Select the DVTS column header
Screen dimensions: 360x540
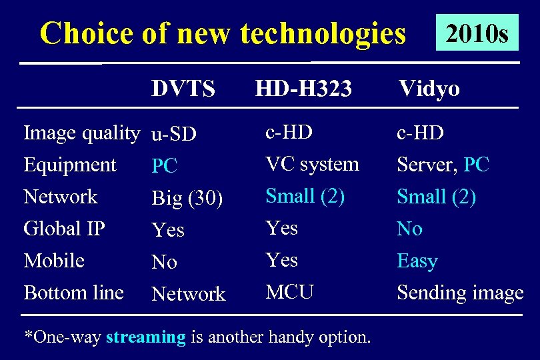click(x=183, y=89)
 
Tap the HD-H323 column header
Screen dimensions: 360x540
click(x=303, y=89)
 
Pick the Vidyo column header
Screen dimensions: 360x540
click(x=429, y=89)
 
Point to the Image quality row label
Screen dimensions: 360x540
click(x=81, y=133)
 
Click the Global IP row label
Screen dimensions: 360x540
click(x=64, y=229)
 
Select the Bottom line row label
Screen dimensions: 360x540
click(x=73, y=292)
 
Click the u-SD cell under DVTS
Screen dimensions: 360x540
click(x=173, y=135)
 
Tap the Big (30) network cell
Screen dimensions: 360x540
click(x=187, y=199)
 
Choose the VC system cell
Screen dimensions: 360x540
click(x=312, y=164)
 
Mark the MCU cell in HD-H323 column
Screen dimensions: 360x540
click(x=289, y=292)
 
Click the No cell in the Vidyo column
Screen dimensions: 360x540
click(x=409, y=229)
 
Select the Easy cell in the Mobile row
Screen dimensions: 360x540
click(x=417, y=261)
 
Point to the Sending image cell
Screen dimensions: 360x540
click(x=460, y=293)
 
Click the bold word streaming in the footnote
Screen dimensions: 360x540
click(x=145, y=337)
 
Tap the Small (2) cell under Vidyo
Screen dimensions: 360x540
click(x=436, y=197)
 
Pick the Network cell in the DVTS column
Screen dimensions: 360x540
click(x=189, y=294)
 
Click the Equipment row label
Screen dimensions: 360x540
click(x=70, y=165)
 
